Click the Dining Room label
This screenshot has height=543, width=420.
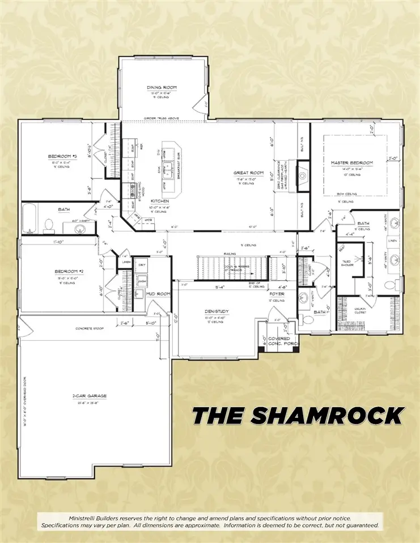(x=162, y=87)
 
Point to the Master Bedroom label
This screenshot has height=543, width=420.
(x=352, y=163)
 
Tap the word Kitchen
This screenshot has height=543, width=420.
(x=156, y=201)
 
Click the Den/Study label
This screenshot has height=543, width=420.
(x=215, y=311)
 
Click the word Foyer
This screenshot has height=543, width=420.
(x=277, y=294)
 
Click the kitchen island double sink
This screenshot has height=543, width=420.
(x=168, y=168)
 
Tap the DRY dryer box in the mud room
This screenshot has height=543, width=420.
(x=142, y=264)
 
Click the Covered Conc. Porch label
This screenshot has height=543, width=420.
(x=279, y=341)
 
